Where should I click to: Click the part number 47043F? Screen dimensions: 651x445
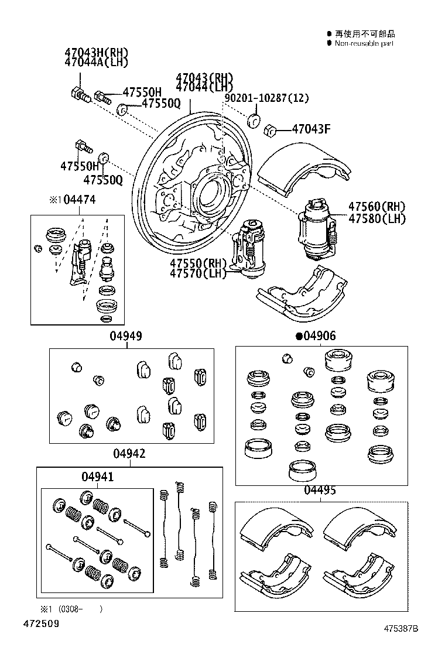point(311,129)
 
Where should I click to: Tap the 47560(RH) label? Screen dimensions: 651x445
point(376,207)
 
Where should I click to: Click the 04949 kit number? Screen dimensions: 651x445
point(126,336)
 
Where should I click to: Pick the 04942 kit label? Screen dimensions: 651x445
point(129,454)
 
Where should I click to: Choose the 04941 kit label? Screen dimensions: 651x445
point(97,477)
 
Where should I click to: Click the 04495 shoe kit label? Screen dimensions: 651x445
point(320,491)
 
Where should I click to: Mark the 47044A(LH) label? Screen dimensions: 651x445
point(96,62)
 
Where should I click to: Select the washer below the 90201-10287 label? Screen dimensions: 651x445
point(254,120)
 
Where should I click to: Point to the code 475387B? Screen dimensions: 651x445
point(401,629)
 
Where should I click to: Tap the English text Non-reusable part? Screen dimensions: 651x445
point(364,43)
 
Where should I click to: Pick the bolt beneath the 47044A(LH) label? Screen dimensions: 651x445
point(78,93)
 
